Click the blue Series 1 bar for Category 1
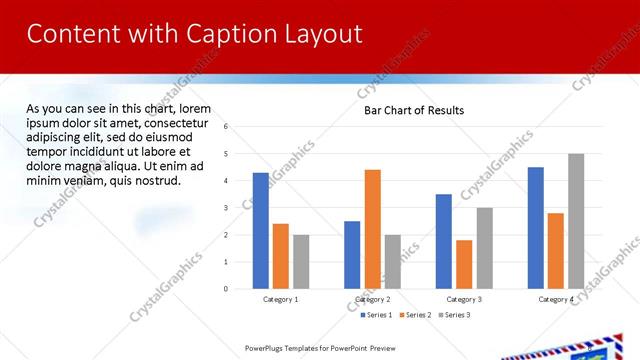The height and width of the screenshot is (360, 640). [260, 231]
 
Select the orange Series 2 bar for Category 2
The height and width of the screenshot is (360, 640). [373, 229]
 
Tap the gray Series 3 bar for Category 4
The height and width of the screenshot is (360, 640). [576, 221]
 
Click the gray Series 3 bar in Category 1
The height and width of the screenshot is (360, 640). [301, 262]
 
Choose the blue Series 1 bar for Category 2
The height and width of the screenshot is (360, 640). [352, 255]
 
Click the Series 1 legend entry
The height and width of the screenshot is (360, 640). [377, 315]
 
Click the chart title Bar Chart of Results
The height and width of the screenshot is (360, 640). [413, 110]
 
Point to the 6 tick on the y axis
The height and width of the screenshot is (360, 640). [227, 127]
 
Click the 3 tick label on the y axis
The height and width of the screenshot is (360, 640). [227, 208]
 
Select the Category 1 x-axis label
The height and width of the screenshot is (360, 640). [281, 299]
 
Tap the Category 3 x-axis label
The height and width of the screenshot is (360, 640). [464, 299]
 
